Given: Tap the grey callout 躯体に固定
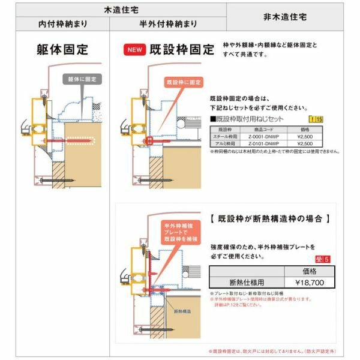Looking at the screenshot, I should click(x=82, y=79).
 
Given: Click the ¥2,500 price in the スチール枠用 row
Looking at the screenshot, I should click(x=305, y=137).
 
